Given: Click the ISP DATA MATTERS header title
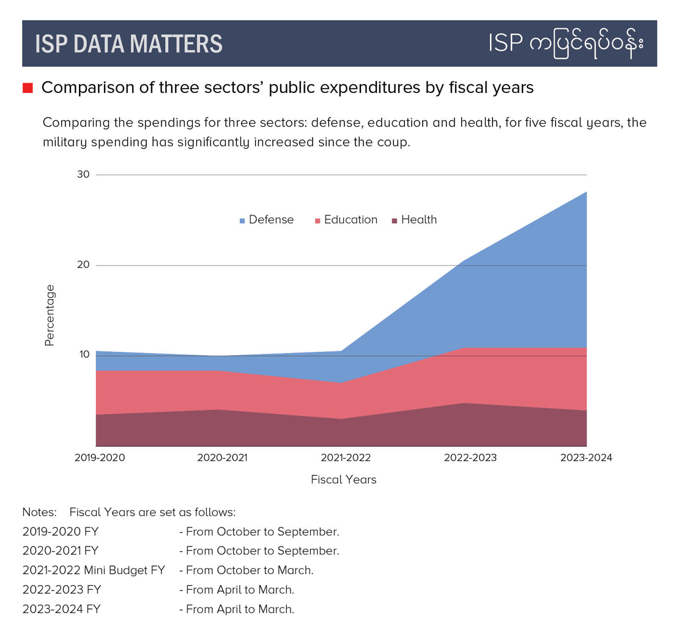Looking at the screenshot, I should [x=128, y=43].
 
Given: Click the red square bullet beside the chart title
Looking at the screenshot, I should [x=28, y=88].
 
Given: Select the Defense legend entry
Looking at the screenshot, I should [x=267, y=220].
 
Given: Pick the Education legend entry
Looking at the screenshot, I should [x=346, y=220].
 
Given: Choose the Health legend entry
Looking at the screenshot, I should [x=414, y=220].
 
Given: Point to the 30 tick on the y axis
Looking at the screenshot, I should [x=83, y=174].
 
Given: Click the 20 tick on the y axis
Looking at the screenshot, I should [x=83, y=265].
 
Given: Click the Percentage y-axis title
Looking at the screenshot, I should [x=50, y=315].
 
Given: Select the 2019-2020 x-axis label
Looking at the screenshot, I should [x=100, y=458].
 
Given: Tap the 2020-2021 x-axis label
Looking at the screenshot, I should [x=222, y=458].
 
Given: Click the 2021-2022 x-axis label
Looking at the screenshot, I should [x=345, y=458].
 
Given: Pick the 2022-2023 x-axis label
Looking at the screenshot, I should [x=470, y=458].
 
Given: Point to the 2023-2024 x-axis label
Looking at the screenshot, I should [x=586, y=458].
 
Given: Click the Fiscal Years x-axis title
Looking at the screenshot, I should [x=343, y=480].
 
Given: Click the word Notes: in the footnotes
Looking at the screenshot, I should [x=39, y=512].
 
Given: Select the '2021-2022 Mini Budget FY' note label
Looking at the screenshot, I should [x=94, y=570].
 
